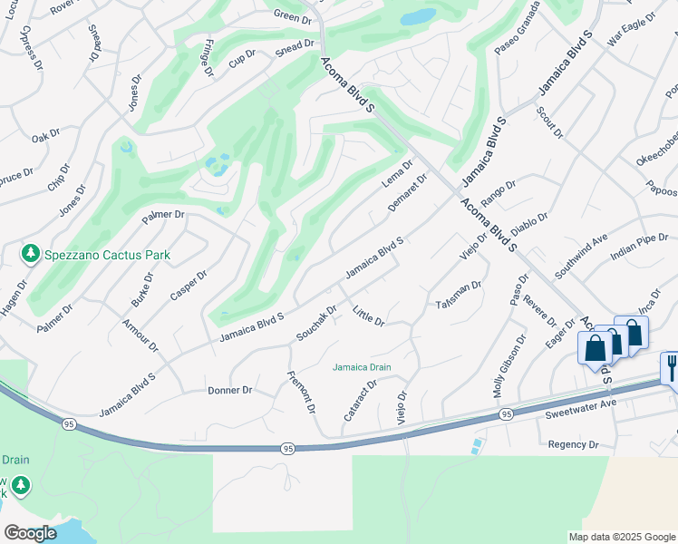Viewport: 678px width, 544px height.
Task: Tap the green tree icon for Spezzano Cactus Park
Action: [31, 253]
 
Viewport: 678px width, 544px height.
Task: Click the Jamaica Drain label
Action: [361, 367]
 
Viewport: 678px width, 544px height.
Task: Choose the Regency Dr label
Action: [574, 444]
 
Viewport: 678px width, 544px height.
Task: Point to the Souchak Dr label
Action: [316, 324]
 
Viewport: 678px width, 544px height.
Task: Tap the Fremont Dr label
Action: [301, 392]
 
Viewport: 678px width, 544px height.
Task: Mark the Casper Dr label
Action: [189, 285]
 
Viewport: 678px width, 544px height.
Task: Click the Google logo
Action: [31, 533]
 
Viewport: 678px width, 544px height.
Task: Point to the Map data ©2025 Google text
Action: [622, 537]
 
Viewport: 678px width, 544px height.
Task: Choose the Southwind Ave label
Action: [581, 257]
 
